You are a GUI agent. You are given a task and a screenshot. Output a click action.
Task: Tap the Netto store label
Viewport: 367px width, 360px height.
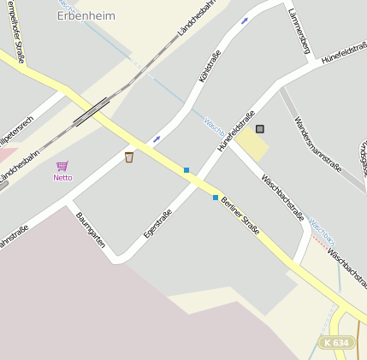click(62, 178)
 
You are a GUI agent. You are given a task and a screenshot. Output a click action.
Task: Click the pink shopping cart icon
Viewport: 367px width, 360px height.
click(62, 166)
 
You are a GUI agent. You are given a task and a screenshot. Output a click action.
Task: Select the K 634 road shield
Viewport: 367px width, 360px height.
click(337, 342)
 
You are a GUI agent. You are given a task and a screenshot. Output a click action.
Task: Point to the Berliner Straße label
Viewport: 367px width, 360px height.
click(240, 215)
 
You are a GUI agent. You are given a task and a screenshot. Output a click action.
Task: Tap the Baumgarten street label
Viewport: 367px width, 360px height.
click(90, 231)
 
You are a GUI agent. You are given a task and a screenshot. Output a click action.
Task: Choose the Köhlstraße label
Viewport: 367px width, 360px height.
click(210, 66)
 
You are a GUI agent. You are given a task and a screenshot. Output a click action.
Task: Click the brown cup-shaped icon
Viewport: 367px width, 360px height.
click(129, 156)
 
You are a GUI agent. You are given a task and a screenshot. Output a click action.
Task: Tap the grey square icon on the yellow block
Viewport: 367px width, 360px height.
click(260, 129)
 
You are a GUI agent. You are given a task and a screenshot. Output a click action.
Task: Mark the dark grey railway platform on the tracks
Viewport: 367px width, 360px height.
click(92, 111)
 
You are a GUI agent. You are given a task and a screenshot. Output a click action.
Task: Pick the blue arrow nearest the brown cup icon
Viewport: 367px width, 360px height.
click(157, 139)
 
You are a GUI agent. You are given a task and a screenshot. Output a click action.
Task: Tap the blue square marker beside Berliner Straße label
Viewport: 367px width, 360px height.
click(215, 198)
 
